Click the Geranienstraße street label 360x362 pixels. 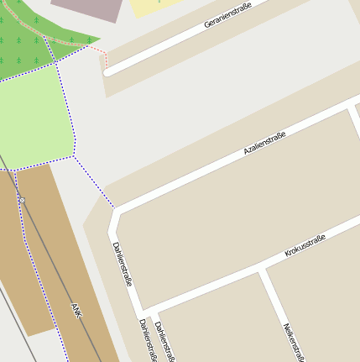(232, 15)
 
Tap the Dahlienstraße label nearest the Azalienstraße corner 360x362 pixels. (122, 264)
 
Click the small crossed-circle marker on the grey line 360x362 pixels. (23, 200)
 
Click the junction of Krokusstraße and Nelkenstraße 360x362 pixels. (263, 271)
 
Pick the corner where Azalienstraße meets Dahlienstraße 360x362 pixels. (116, 212)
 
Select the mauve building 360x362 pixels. (88, 8)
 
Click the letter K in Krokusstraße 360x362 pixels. (287, 254)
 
